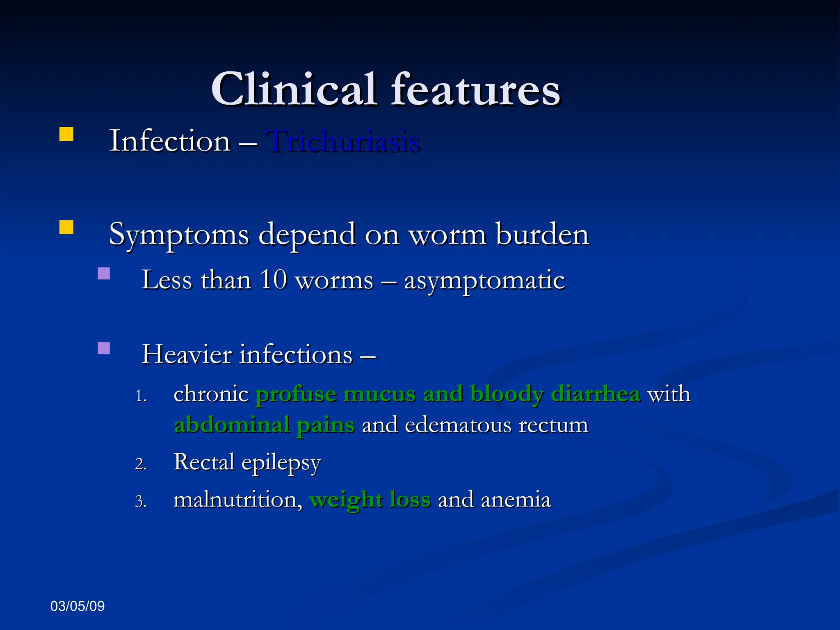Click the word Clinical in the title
click(293, 89)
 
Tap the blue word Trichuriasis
click(344, 141)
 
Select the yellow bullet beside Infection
click(66, 134)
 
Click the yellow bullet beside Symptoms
click(66, 227)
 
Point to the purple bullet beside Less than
click(104, 274)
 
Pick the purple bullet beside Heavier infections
click(104, 348)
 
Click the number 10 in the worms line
click(274, 280)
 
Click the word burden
click(542, 235)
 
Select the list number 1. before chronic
click(141, 396)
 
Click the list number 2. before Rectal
click(141, 464)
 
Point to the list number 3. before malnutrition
click(141, 502)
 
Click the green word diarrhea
click(596, 394)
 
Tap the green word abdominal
click(232, 425)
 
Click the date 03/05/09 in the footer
click(78, 606)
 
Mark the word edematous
click(458, 425)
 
